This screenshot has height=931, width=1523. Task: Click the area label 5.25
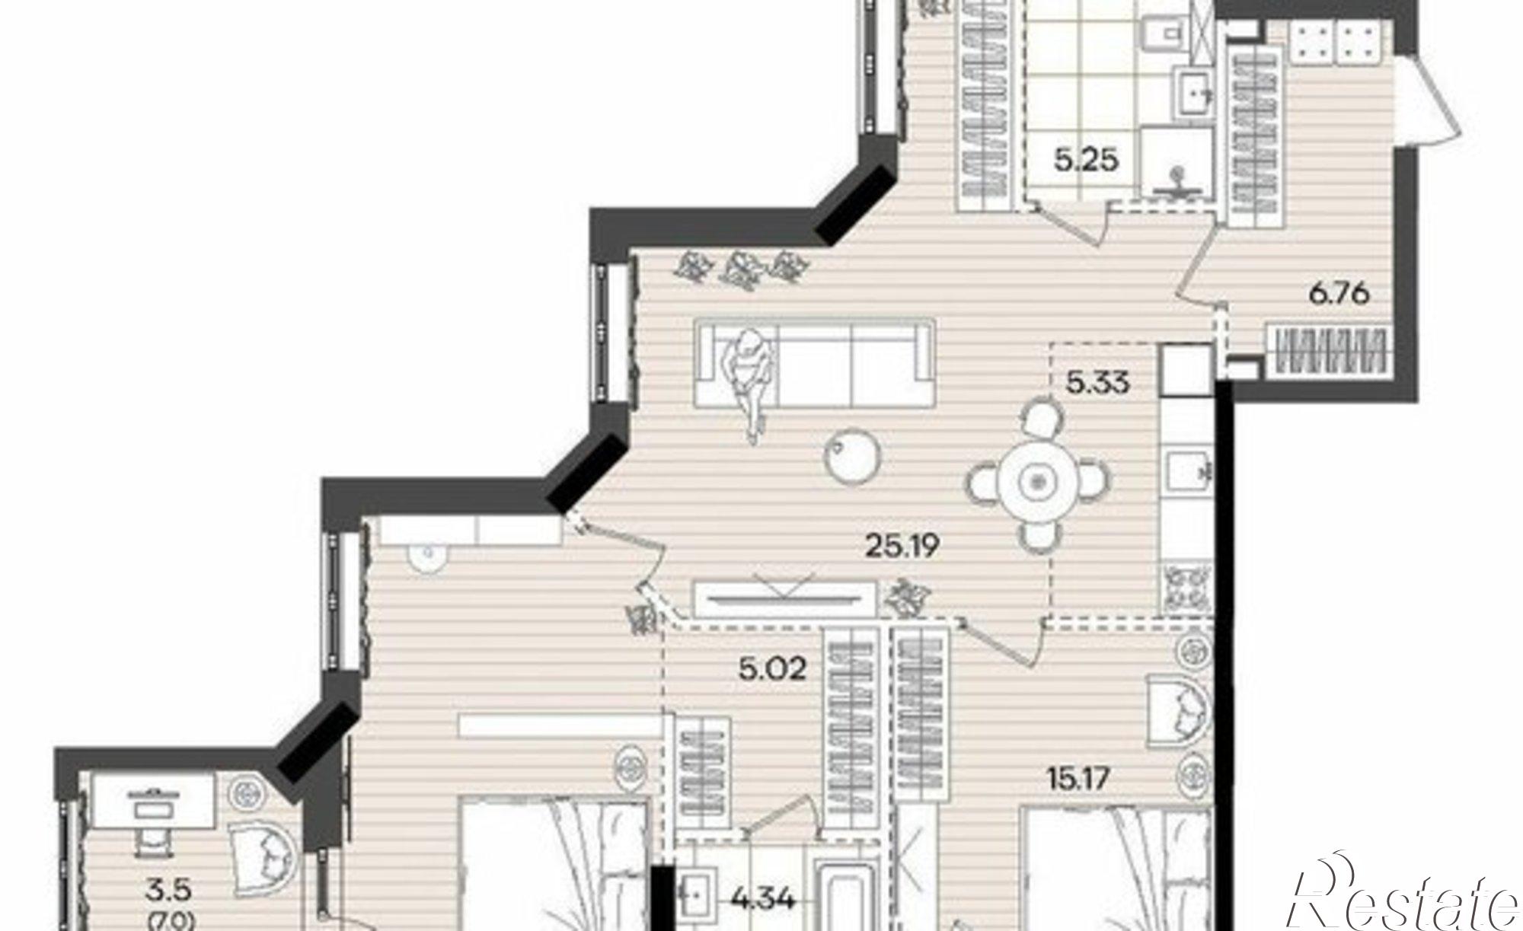coord(1086,161)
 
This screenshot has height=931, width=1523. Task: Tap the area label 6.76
coord(1339,292)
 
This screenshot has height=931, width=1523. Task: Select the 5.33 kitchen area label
coord(1097,383)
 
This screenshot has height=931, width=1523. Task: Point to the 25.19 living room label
coord(902,545)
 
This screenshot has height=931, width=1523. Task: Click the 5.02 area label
coord(773,670)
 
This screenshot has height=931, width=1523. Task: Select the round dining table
coord(1036,481)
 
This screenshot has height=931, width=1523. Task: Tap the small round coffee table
coord(854,455)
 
